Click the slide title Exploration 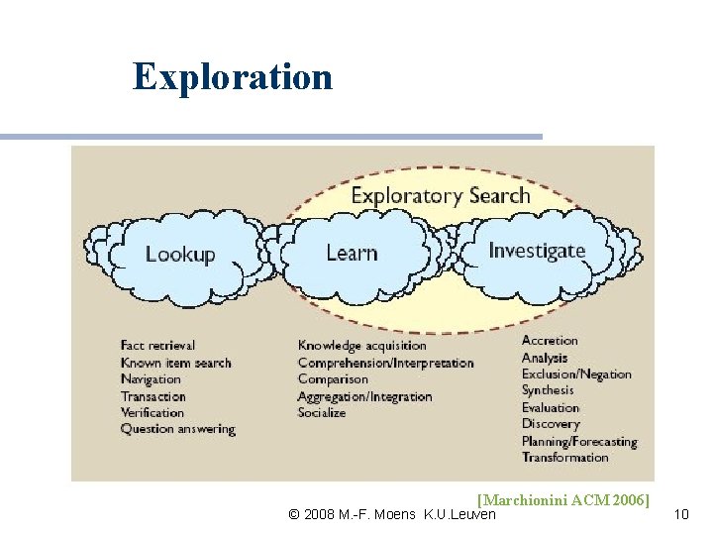tap(233, 76)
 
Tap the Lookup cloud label tap(180, 255)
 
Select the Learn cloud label tap(352, 253)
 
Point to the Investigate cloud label tap(537, 250)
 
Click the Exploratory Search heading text tap(441, 195)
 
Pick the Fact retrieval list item tap(157, 345)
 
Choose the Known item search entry tap(175, 363)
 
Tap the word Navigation tap(151, 379)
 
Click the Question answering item tap(177, 430)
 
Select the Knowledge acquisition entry tap(361, 345)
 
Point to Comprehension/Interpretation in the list tap(385, 363)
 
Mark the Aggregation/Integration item tap(364, 396)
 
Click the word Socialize tap(322, 413)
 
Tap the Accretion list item tap(550, 340)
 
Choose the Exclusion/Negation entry tap(576, 374)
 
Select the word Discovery tap(551, 424)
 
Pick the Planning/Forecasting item tap(579, 441)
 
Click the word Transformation tap(564, 458)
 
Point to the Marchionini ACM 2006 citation tap(562, 499)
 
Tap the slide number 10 tap(680, 513)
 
